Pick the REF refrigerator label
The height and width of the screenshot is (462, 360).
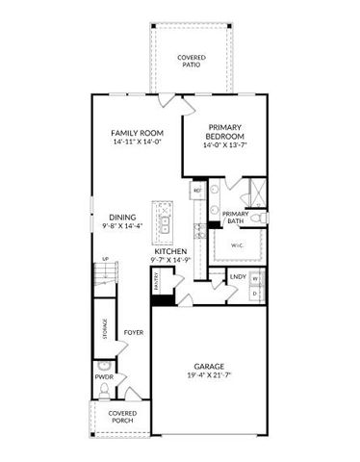(197, 191)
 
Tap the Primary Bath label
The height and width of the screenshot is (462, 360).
(236, 218)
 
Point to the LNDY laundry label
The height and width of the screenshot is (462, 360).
(237, 277)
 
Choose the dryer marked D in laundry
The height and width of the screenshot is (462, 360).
(256, 293)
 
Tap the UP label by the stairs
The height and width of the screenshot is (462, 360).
(105, 258)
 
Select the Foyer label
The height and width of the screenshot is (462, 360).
(134, 333)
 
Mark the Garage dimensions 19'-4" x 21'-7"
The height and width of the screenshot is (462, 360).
(209, 374)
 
